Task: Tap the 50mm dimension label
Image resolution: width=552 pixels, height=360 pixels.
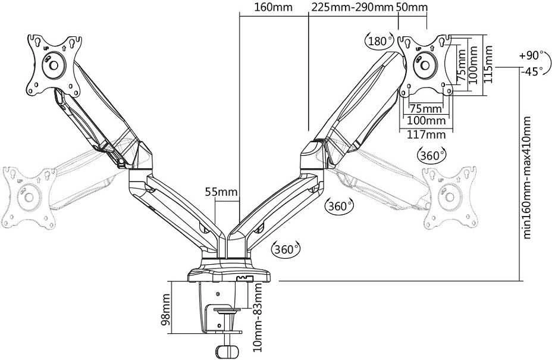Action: (412, 7)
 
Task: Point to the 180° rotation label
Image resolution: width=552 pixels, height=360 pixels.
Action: (379, 41)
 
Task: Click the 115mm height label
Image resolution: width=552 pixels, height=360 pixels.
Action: (488, 64)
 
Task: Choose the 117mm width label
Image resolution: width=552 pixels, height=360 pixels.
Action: (426, 134)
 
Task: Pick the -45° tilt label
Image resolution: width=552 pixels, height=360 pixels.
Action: (531, 71)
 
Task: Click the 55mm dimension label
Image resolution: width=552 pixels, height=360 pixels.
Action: (221, 192)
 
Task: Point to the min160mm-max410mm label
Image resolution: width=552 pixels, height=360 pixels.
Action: (526, 177)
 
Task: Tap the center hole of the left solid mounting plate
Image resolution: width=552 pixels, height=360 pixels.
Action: (54, 65)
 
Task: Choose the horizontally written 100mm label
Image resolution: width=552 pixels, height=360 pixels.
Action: (426, 121)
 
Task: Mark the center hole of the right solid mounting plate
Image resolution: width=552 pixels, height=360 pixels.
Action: (425, 65)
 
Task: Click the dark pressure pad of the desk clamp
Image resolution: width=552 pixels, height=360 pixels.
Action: (227, 311)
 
